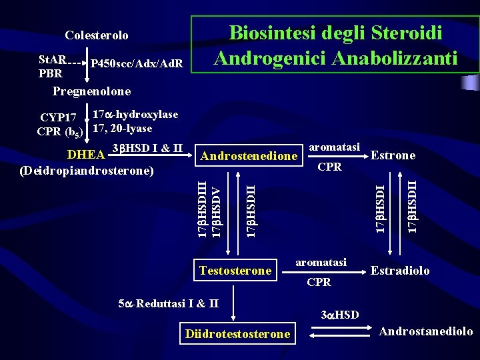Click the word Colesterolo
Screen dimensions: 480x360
pyautogui.click(x=96, y=35)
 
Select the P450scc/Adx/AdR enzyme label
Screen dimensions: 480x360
pyautogui.click(x=137, y=64)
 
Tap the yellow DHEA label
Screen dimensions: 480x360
pyautogui.click(x=87, y=155)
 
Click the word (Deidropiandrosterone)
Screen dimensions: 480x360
pyautogui.click(x=87, y=171)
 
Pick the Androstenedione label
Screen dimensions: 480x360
pyautogui.click(x=249, y=156)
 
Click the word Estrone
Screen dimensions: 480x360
pyautogui.click(x=393, y=155)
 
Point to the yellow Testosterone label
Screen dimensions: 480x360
pyautogui.click(x=236, y=270)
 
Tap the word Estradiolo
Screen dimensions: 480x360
pyautogui.click(x=400, y=271)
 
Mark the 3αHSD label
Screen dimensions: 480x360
pyautogui.click(x=339, y=314)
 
